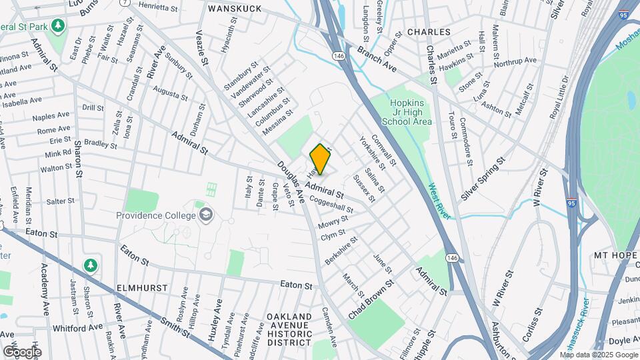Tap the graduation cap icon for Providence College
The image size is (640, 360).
(207, 215)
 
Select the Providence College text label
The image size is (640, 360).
(156, 215)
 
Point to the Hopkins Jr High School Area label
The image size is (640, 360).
(407, 111)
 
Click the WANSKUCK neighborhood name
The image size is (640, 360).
(233, 9)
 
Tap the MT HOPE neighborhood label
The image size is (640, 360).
(616, 255)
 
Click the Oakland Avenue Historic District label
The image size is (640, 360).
(289, 329)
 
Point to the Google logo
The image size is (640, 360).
(22, 352)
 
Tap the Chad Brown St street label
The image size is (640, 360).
(371, 299)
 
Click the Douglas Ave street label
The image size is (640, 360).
(291, 182)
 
